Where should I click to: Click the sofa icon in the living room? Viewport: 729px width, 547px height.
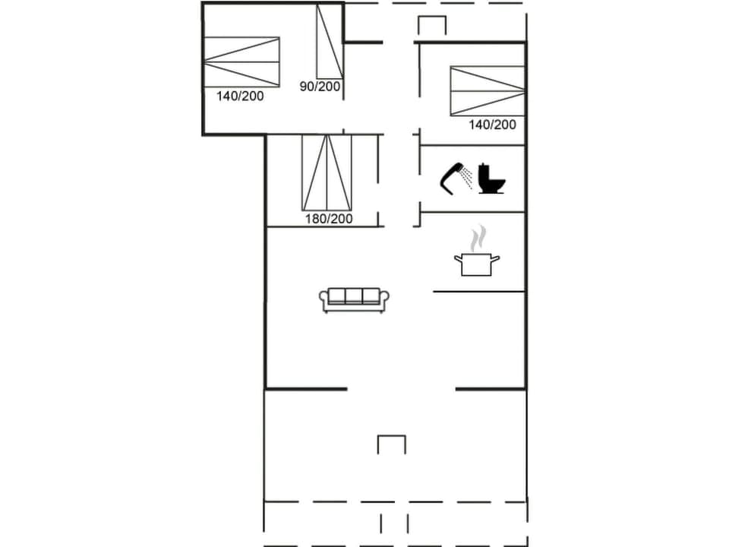354,299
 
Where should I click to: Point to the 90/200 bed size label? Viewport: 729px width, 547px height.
320,87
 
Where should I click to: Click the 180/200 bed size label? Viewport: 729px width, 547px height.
330,219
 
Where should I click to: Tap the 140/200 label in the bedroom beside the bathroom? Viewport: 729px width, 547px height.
493,125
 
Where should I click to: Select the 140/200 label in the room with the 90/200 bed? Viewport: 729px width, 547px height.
240,96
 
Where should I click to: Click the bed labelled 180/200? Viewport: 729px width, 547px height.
327,172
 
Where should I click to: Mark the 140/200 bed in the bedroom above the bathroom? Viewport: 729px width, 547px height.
487,90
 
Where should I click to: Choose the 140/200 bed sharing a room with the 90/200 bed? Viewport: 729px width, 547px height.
241,62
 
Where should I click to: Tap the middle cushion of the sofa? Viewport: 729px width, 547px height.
354,296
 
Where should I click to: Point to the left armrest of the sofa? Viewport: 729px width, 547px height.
323,300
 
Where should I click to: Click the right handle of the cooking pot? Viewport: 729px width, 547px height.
496,260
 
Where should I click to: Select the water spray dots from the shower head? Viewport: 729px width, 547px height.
467,179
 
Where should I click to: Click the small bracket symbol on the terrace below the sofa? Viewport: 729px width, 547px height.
392,443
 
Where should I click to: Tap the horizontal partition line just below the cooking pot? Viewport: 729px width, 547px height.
478,291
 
